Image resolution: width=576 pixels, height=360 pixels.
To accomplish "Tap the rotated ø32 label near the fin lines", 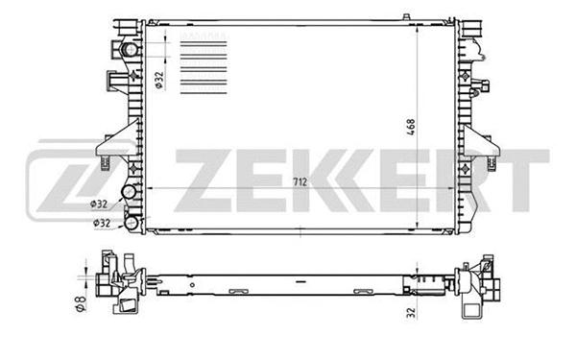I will pyautogui.click(x=160, y=76).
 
